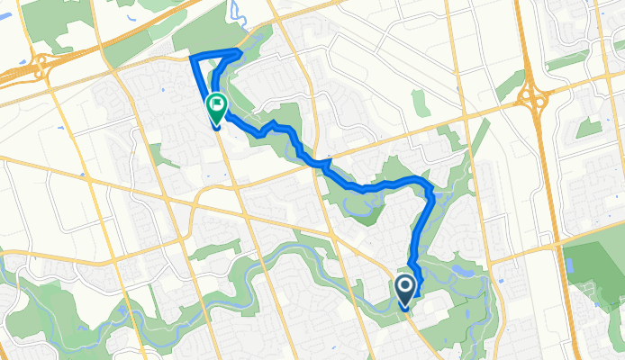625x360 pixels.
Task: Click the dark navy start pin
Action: pos(404,289)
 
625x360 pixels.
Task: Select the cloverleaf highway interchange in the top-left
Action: pos(41,65)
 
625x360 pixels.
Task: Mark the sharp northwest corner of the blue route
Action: pos(192,58)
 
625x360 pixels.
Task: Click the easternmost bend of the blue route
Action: pos(432,191)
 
